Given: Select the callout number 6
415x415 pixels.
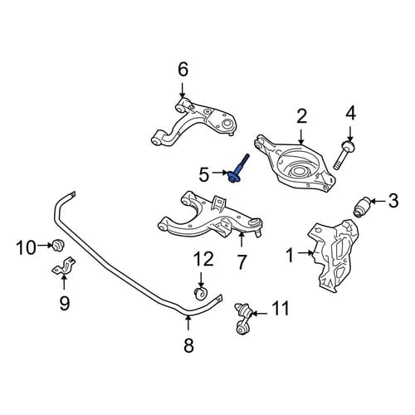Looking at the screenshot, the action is pyautogui.click(x=183, y=70).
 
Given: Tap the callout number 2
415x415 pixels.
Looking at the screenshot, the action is pyautogui.click(x=302, y=116).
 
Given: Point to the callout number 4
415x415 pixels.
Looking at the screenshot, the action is pyautogui.click(x=350, y=114).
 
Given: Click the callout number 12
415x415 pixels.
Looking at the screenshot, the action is pyautogui.click(x=203, y=259).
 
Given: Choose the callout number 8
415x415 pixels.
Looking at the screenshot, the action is pyautogui.click(x=188, y=345).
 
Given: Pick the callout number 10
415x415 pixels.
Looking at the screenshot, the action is pyautogui.click(x=27, y=247).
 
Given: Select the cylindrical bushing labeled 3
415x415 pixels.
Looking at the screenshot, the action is pyautogui.click(x=362, y=207).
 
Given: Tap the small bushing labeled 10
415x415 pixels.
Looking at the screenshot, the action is pyautogui.click(x=58, y=245).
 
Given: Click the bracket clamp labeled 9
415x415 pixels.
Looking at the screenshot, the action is pyautogui.click(x=64, y=266).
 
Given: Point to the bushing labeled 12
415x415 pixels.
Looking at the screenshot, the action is pyautogui.click(x=201, y=294).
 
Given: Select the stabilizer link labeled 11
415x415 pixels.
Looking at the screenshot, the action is pyautogui.click(x=243, y=319).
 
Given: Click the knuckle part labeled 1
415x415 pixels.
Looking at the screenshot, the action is pyautogui.click(x=334, y=255).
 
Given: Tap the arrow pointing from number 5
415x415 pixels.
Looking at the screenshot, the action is pyautogui.click(x=220, y=173).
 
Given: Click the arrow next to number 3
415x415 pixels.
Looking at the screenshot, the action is pyautogui.click(x=378, y=201).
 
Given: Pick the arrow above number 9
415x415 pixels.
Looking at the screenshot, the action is pyautogui.click(x=64, y=281).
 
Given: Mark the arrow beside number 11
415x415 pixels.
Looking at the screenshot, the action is pyautogui.click(x=258, y=314).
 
